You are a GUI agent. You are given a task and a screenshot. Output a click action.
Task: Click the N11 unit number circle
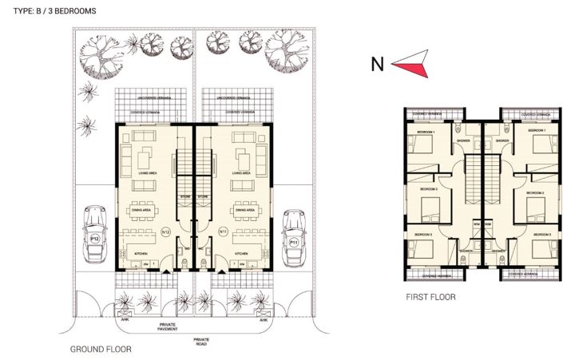click(223, 231)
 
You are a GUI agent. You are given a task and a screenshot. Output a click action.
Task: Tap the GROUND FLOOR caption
click(101, 349)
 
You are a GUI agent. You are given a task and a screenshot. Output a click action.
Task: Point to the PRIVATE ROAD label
click(201, 343)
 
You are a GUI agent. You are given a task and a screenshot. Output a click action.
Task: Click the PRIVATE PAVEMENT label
click(168, 328)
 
